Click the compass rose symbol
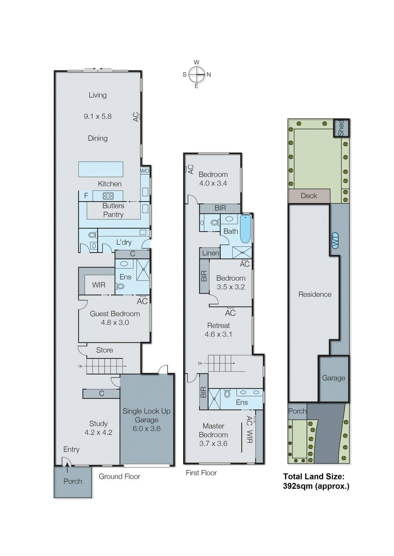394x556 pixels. tap(196, 74)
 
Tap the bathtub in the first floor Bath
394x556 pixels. tap(246, 229)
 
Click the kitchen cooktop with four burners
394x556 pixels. tap(108, 196)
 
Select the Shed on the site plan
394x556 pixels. tap(341, 128)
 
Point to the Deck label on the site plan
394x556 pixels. tap(309, 196)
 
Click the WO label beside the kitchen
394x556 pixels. tap(145, 171)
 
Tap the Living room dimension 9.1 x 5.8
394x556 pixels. tap(98, 116)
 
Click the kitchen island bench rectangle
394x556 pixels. tap(101, 169)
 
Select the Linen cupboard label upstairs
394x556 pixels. tap(210, 253)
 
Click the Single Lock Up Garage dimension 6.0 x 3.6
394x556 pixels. tap(146, 428)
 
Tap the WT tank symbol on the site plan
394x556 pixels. tap(335, 240)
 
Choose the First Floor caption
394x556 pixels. tap(201, 473)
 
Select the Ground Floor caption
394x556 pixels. tap(119, 476)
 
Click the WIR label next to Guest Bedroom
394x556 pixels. tap(99, 285)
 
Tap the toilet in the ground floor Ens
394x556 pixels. tap(120, 287)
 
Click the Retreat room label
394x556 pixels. tap(218, 326)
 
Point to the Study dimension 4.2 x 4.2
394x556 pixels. tap(98, 433)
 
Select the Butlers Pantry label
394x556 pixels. tap(113, 210)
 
